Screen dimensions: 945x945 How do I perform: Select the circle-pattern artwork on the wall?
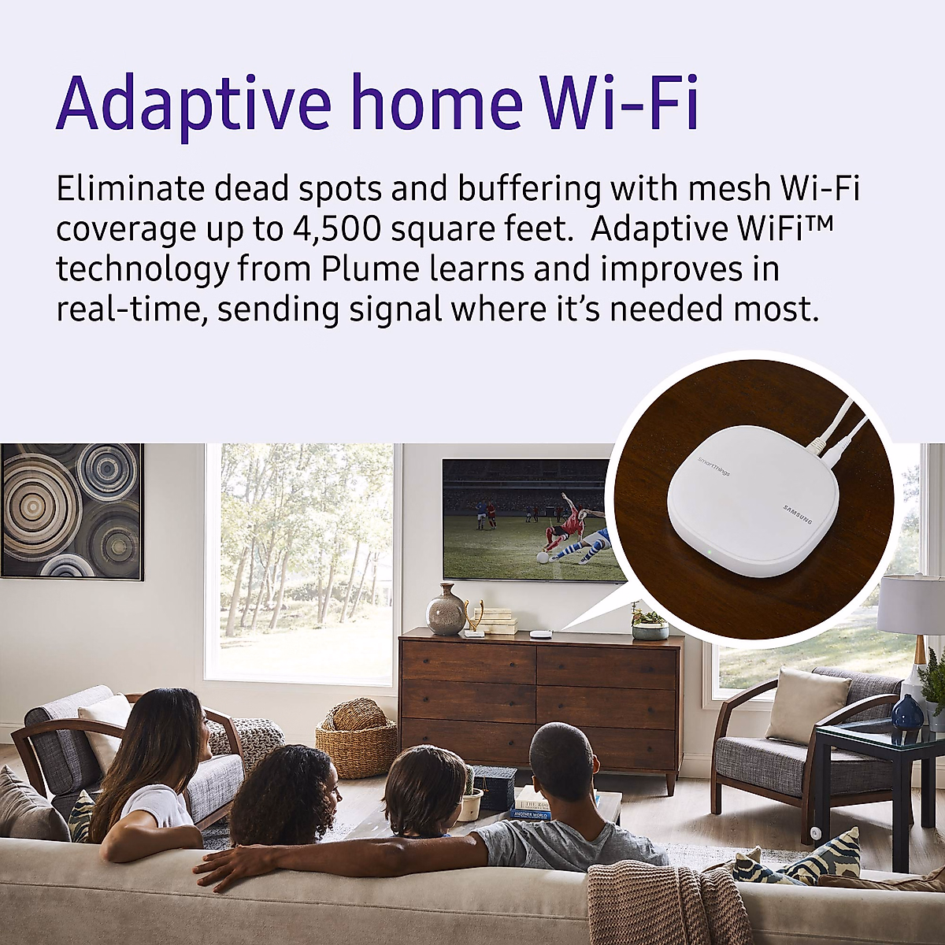click(71, 511)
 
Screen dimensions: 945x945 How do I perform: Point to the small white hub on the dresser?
click(539, 633)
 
